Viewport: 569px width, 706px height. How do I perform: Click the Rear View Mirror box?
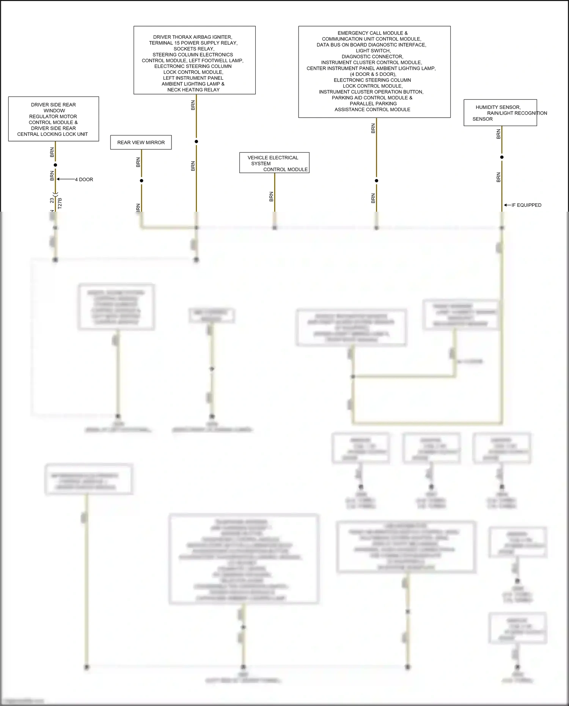(141, 143)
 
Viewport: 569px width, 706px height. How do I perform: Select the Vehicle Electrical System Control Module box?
(274, 163)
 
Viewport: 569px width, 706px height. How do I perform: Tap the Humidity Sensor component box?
(500, 113)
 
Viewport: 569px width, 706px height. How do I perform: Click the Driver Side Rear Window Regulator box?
(53, 119)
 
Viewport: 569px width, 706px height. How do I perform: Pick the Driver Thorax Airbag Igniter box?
(194, 60)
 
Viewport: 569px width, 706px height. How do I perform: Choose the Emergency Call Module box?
(374, 72)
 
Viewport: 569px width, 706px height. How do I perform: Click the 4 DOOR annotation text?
(84, 179)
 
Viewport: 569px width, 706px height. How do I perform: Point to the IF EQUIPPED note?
(526, 205)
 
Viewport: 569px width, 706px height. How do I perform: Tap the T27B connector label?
(60, 203)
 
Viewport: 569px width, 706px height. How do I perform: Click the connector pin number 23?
(52, 200)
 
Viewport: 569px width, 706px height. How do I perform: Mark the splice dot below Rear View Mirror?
(141, 181)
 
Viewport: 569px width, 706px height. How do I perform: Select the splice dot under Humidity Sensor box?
(502, 157)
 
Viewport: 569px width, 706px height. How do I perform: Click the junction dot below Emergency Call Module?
(376, 181)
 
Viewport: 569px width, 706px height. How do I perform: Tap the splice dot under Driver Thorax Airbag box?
(196, 142)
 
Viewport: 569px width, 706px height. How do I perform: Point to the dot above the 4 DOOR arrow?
(55, 165)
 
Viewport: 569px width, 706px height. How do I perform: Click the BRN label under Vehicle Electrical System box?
(271, 197)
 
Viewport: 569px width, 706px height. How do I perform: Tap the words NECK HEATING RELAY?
(193, 90)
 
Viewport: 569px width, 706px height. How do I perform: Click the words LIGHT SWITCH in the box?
(373, 51)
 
